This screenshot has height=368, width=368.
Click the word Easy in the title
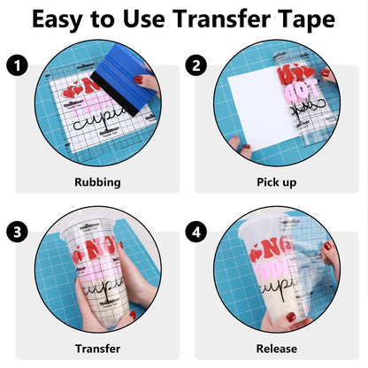tap(65, 20)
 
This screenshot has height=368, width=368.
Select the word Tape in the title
tap(309, 20)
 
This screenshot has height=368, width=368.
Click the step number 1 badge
tap(15, 65)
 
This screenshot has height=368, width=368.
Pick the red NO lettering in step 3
tap(88, 253)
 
